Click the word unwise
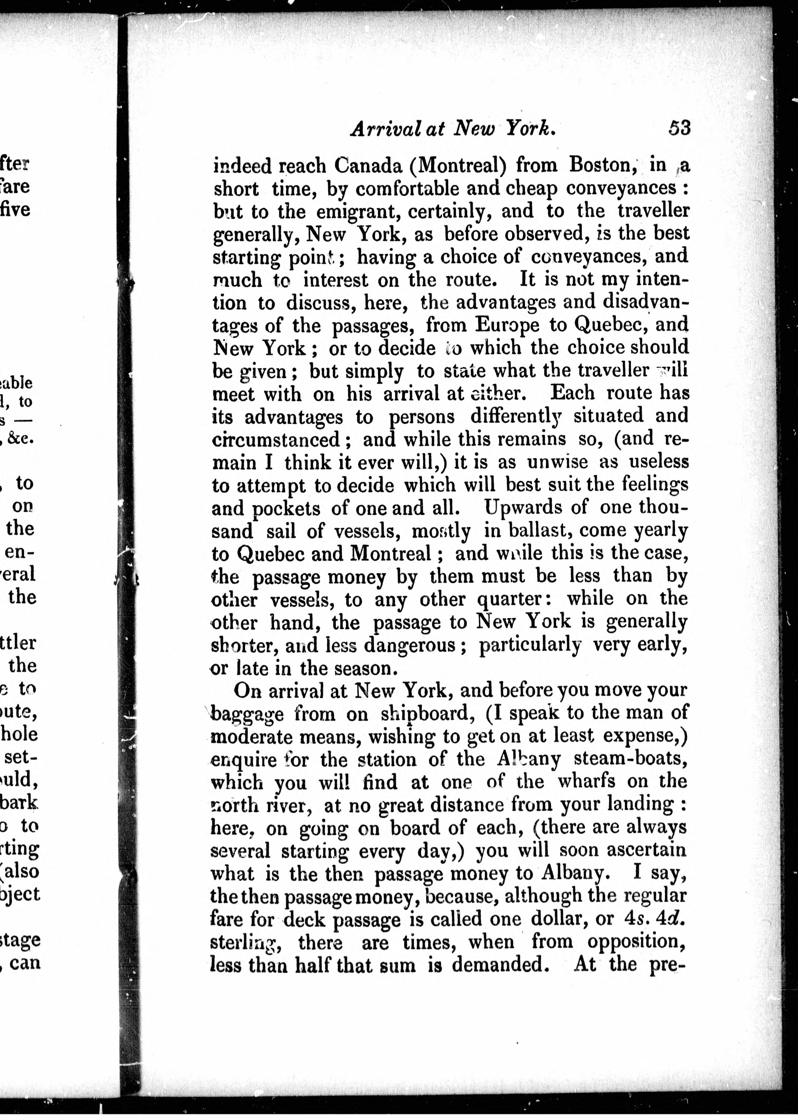tap(557, 462)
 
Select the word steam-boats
tap(630, 759)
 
